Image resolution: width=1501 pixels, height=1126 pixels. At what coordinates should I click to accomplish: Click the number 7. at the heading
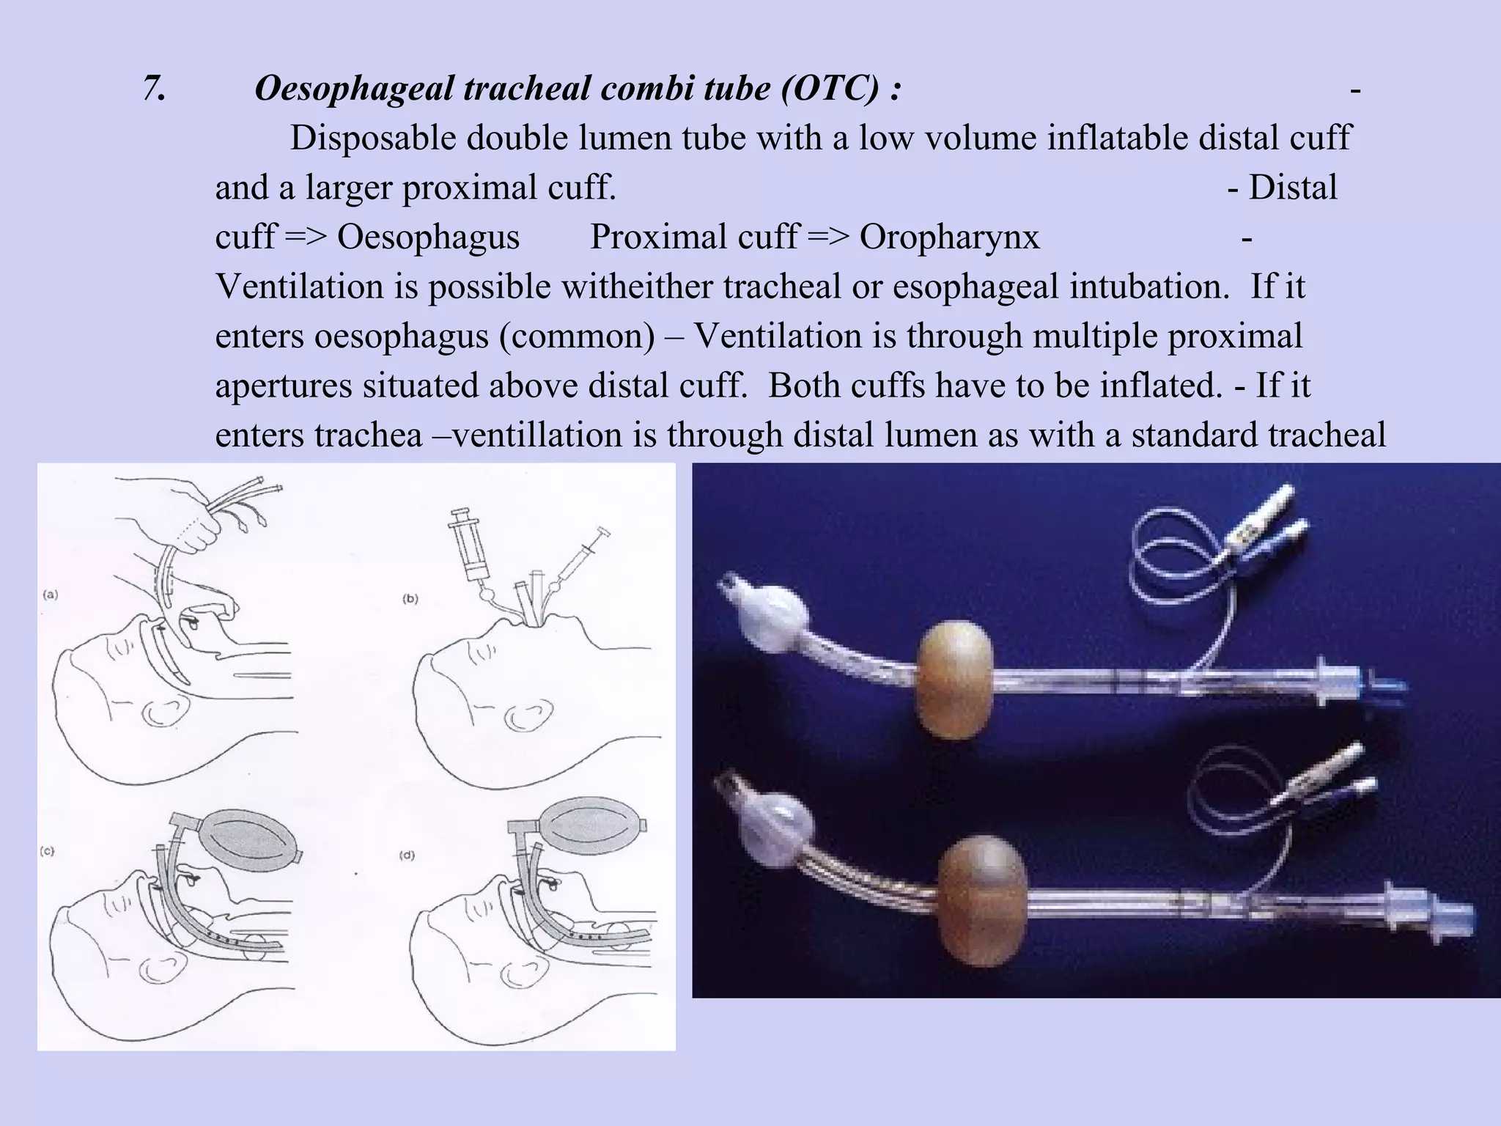click(154, 89)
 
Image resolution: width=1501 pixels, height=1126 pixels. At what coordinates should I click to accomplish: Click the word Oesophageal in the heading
click(355, 89)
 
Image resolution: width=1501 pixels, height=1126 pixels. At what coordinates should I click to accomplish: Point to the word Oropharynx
click(949, 238)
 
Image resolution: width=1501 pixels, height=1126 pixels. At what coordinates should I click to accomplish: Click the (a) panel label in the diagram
click(50, 595)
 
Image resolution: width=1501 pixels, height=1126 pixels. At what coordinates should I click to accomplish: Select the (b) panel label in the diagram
click(410, 599)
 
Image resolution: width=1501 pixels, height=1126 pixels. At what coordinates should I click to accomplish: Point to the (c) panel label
click(47, 851)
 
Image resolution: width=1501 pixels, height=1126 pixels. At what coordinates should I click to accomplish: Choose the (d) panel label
click(407, 855)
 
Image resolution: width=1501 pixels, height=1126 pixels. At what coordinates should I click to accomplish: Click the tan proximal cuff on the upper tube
click(954, 678)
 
